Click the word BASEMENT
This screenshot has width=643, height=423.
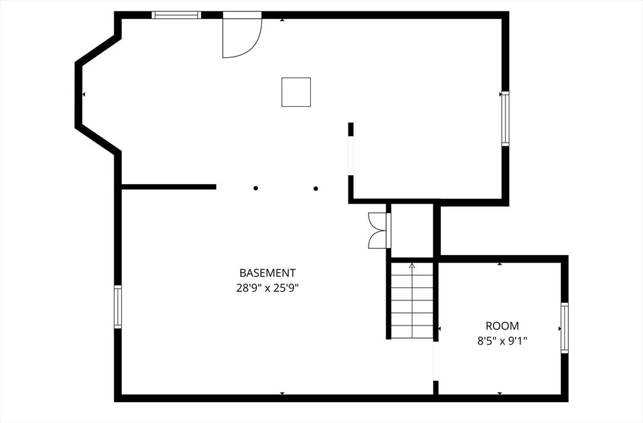pos(267,273)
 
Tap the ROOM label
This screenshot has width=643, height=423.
pos(502,326)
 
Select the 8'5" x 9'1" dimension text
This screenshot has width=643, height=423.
pos(502,341)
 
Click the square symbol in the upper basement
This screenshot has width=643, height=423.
pos(296,92)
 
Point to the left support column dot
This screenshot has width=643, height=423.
pos(256,188)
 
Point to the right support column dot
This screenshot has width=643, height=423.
pos(316,188)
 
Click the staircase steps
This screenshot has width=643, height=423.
pos(412,302)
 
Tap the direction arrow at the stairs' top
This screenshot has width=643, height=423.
pos(412,266)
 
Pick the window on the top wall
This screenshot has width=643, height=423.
pos(176,15)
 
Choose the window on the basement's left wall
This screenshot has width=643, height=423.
pos(117,307)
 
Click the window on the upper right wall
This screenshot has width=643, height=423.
pos(505,119)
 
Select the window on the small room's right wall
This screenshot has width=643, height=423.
pos(565,327)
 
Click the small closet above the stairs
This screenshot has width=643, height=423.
pos(412,231)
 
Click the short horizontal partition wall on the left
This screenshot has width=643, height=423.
pos(169,187)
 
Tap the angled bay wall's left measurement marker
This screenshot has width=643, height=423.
pos(84,94)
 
